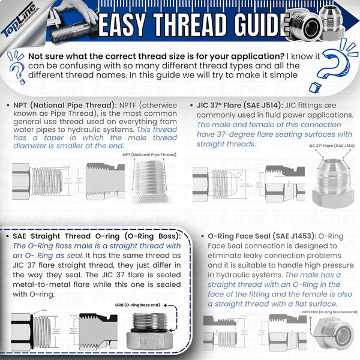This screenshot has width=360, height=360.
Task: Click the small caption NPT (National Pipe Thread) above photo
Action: [x=147, y=155]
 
